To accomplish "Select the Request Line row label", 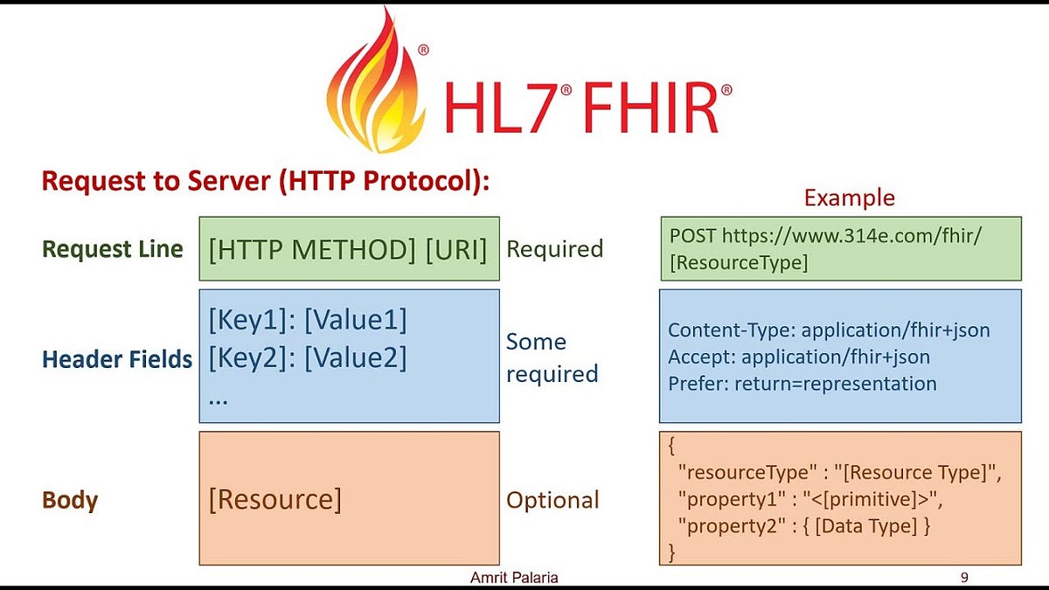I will (x=112, y=249).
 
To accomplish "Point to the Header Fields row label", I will (x=117, y=358).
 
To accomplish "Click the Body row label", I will (x=70, y=501).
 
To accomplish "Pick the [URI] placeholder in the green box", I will (x=455, y=249).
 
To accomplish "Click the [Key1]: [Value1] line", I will (x=308, y=321).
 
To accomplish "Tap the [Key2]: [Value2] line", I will (x=308, y=358).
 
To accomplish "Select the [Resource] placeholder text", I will (x=275, y=499).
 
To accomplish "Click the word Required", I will (x=554, y=249).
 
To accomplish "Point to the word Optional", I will (x=552, y=501).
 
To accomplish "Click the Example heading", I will (x=849, y=198).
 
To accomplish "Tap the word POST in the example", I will (x=692, y=235).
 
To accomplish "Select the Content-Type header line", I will (x=829, y=330).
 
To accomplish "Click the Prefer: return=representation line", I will (x=802, y=384).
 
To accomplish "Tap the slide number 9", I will (x=964, y=578).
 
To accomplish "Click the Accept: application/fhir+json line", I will (x=799, y=357).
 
